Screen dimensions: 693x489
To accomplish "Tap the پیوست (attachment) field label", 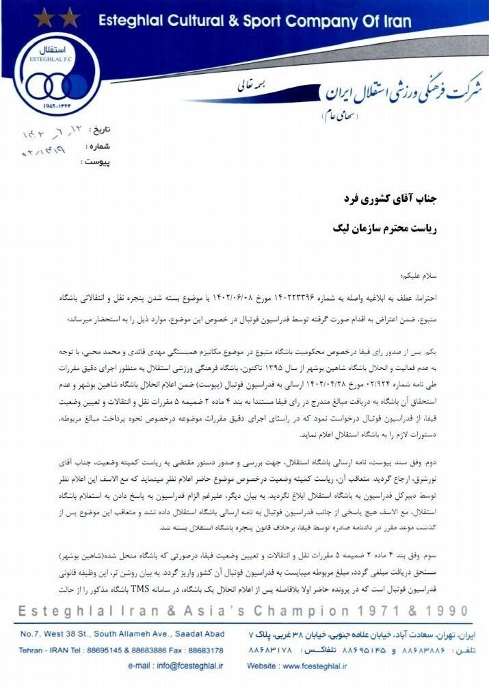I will coord(96,162).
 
